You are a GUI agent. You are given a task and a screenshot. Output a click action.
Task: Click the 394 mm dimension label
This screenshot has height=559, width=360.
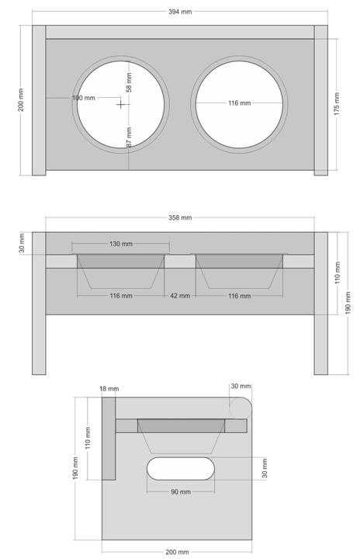(180, 12)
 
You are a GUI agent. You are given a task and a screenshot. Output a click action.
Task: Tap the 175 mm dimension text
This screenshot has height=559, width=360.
(337, 104)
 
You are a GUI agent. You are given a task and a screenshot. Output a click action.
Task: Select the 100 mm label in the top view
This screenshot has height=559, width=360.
(84, 98)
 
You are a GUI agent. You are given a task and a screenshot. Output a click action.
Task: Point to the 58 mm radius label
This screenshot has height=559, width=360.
(129, 82)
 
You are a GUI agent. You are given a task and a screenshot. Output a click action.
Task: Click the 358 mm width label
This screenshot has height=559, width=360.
(180, 217)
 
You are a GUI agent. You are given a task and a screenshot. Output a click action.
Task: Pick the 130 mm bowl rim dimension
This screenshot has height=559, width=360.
(121, 244)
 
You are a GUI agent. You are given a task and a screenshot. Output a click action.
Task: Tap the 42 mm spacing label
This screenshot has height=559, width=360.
(180, 296)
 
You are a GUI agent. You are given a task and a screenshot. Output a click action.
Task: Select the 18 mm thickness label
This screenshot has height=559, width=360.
(109, 389)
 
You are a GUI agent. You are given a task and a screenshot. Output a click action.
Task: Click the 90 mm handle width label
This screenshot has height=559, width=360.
(181, 492)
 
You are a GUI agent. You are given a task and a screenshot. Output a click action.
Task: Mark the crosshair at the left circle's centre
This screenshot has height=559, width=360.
(121, 104)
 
